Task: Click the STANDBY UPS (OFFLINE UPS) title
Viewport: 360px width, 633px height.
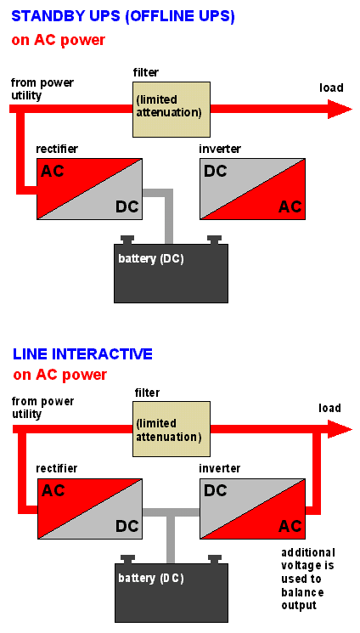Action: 123,16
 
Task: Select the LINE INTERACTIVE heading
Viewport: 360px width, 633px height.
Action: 82,353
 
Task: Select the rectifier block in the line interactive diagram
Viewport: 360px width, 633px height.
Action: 89,508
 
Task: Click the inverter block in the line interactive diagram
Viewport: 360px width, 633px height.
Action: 252,508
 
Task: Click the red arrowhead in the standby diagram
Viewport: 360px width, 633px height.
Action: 339,109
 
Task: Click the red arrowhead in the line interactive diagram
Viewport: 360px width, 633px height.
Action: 339,430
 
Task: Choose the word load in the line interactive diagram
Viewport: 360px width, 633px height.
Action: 329,409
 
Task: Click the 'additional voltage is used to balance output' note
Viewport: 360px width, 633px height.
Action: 308,579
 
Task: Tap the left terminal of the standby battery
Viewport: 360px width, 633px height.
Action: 127,240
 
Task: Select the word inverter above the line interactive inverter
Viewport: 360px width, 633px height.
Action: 220,468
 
